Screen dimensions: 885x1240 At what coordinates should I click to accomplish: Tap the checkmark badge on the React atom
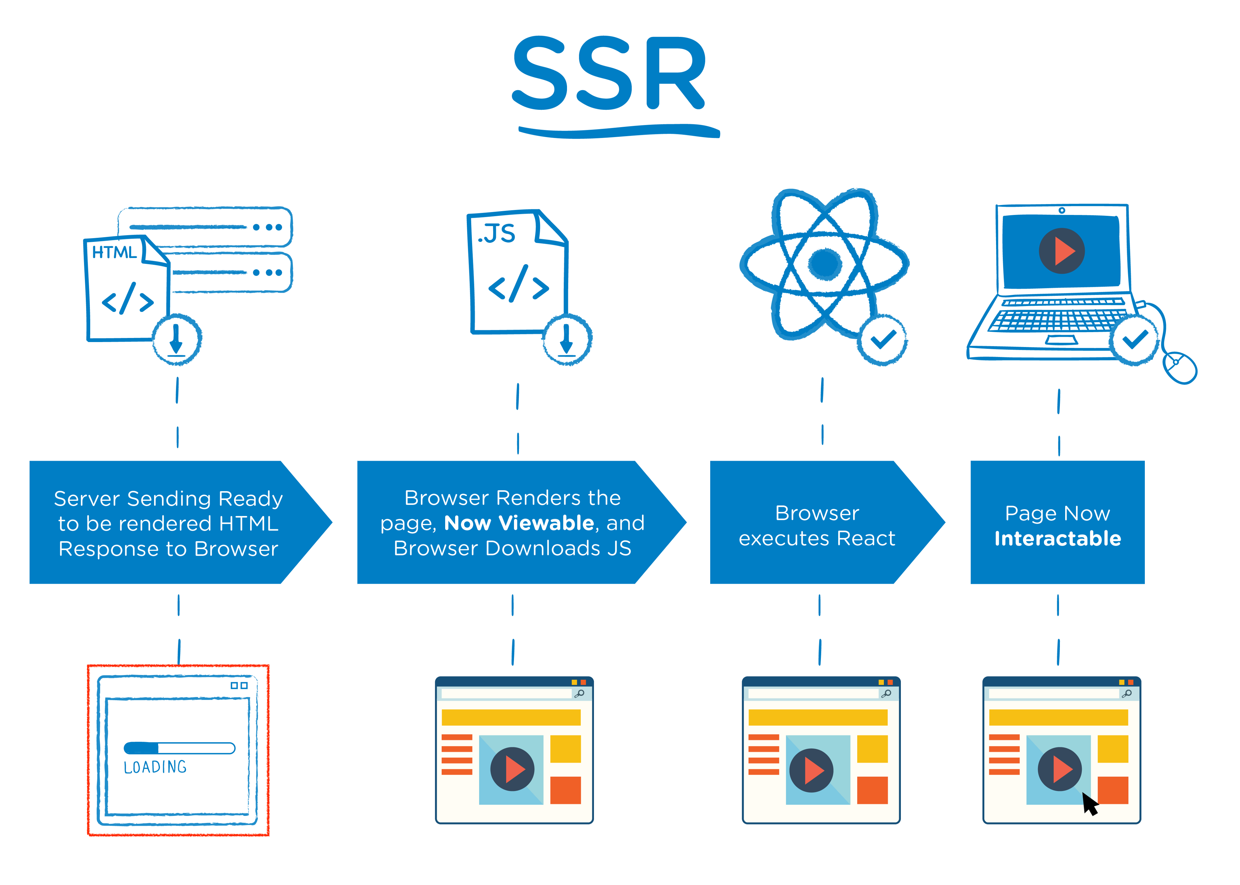pos(883,340)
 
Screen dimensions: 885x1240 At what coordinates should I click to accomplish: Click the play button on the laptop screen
pos(1061,251)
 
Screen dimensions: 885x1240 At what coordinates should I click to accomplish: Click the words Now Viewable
pos(519,523)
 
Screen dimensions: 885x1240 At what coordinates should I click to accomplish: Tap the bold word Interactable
pos(1057,538)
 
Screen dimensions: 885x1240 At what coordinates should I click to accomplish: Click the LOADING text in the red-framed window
pos(155,767)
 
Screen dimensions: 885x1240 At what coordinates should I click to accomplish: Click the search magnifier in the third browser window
pos(886,693)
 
